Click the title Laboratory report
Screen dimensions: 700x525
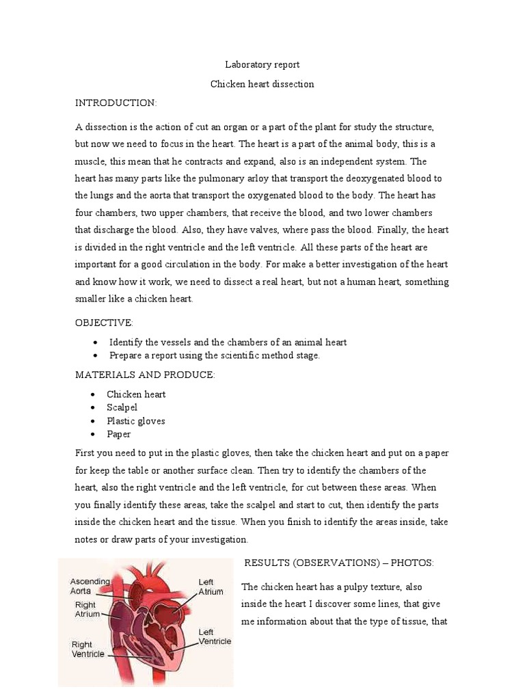click(x=262, y=65)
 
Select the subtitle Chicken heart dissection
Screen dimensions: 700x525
click(x=262, y=84)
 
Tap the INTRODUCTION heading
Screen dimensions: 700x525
click(x=116, y=103)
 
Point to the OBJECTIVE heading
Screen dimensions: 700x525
click(x=104, y=322)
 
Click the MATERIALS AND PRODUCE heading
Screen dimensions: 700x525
click(x=145, y=375)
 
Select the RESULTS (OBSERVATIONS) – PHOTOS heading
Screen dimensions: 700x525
click(x=339, y=563)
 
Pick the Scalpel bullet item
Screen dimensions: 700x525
click(x=122, y=407)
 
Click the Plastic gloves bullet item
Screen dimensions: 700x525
click(x=135, y=421)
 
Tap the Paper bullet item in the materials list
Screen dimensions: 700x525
click(x=118, y=434)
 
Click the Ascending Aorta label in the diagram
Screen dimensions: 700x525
click(x=90, y=586)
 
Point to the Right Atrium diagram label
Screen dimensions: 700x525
click(x=86, y=609)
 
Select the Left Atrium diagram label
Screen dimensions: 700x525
click(x=211, y=587)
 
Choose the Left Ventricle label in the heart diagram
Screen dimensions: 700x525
click(x=215, y=637)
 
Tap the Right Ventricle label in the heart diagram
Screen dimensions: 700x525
click(x=88, y=649)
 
